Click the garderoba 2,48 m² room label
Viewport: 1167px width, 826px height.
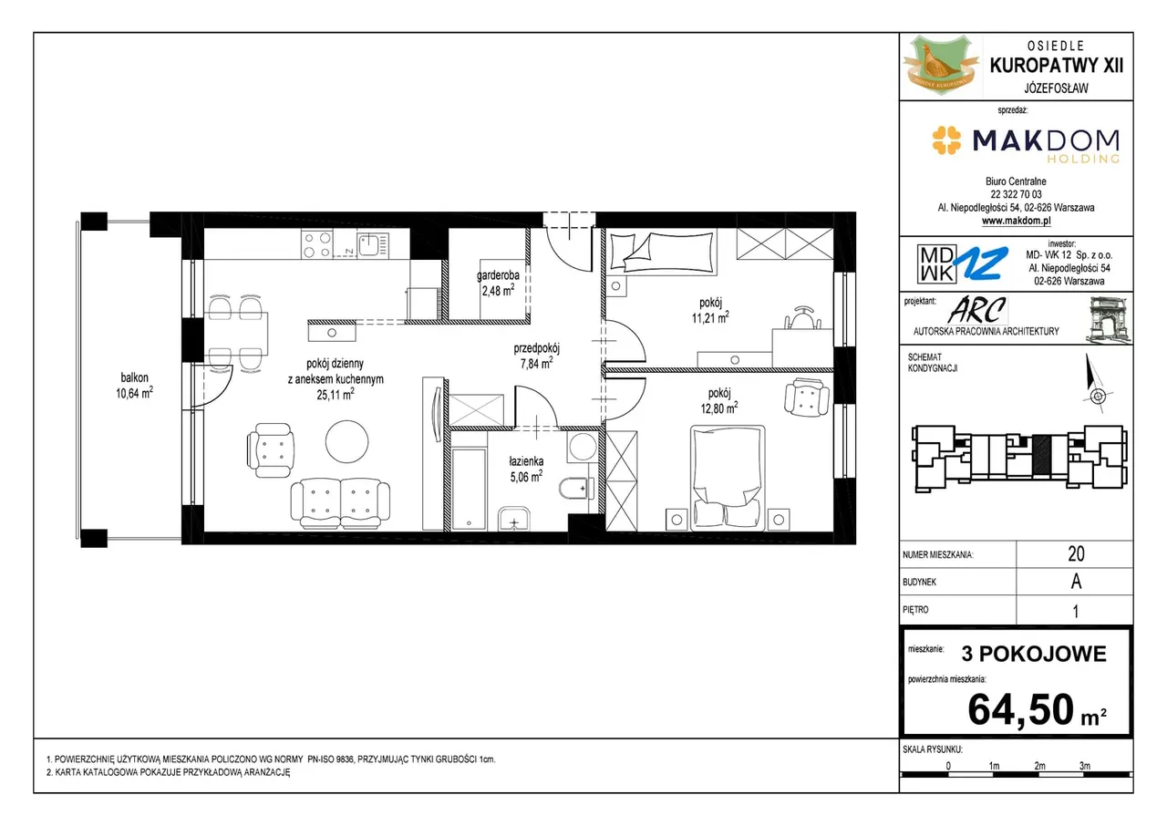pos(498,284)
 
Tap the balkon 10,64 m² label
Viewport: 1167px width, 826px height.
pos(134,386)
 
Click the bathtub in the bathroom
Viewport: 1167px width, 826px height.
pos(469,489)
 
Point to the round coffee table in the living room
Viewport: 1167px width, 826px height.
pos(347,441)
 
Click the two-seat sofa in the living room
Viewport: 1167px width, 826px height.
pos(340,503)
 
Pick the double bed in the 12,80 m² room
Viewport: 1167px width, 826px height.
pos(728,478)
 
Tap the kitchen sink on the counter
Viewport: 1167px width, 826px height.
pos(373,244)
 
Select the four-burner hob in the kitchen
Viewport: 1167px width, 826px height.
pos(316,244)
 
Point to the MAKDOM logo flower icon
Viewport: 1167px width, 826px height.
pos(946,140)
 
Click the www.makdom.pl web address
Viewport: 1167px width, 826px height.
pos(1016,221)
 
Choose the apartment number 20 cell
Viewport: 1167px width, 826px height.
pos(1075,553)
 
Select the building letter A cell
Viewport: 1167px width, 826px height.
pos(1075,582)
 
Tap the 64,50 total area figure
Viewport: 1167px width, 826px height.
pos(1020,709)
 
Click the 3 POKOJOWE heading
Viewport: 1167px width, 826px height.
pos(1034,654)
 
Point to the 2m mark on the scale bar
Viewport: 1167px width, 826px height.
pos(1039,766)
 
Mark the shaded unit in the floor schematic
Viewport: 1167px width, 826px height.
pos(1041,454)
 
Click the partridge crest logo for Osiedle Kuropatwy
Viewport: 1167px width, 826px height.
pos(941,66)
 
